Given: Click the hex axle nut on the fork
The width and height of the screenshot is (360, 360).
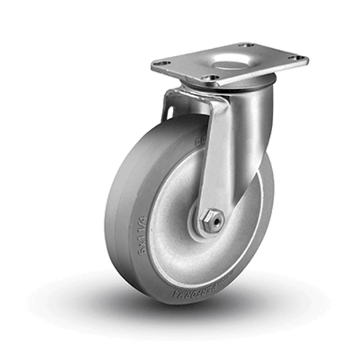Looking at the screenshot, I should (x=213, y=220).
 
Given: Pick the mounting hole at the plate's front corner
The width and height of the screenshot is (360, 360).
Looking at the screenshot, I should (x=212, y=77).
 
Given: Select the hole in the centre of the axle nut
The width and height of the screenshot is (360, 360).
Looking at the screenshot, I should (x=213, y=220).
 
